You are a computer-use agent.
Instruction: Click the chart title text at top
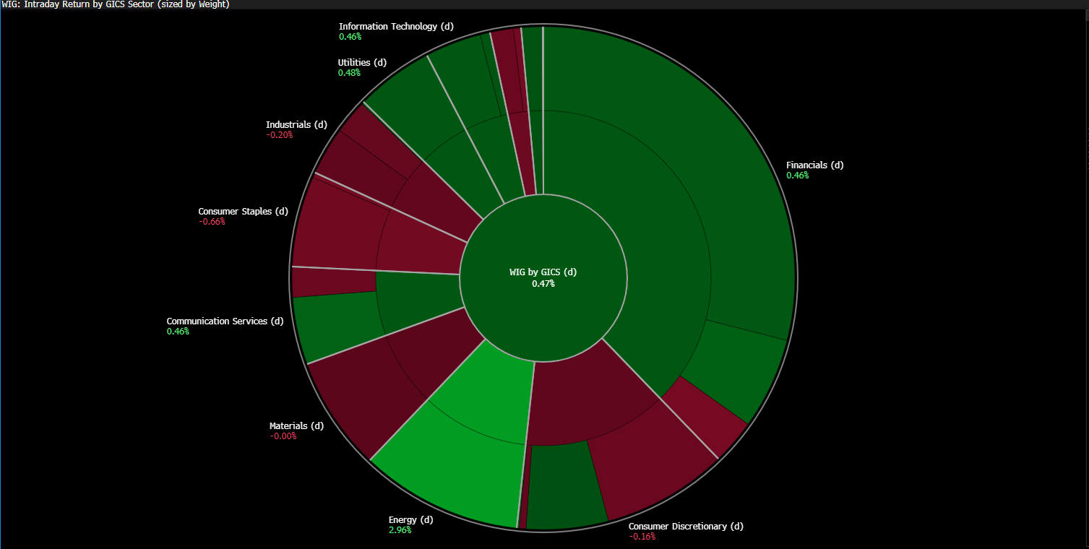coord(116,4)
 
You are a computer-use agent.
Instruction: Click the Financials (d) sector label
coord(814,165)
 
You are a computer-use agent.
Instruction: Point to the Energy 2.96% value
coord(400,530)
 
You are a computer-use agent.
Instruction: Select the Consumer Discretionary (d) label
coord(686,526)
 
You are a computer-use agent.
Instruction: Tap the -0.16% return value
coord(642,537)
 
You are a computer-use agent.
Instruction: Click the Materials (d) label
coord(296,425)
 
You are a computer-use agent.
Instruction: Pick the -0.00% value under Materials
coord(283,436)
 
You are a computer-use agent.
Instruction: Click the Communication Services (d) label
coord(225,321)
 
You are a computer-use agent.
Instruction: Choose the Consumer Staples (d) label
coord(243,211)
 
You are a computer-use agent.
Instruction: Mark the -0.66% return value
coord(212,222)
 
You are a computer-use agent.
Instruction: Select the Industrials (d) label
coord(296,124)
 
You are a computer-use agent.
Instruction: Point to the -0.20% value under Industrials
coord(279,135)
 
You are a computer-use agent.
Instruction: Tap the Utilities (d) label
coord(362,62)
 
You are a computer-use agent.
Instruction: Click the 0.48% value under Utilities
coord(349,73)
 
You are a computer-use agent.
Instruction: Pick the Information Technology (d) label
coord(396,26)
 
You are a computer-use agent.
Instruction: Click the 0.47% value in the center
coord(543,284)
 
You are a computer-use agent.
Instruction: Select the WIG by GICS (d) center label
coord(543,272)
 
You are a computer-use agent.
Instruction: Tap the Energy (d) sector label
coord(410,519)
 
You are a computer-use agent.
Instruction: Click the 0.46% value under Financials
coord(798,176)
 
